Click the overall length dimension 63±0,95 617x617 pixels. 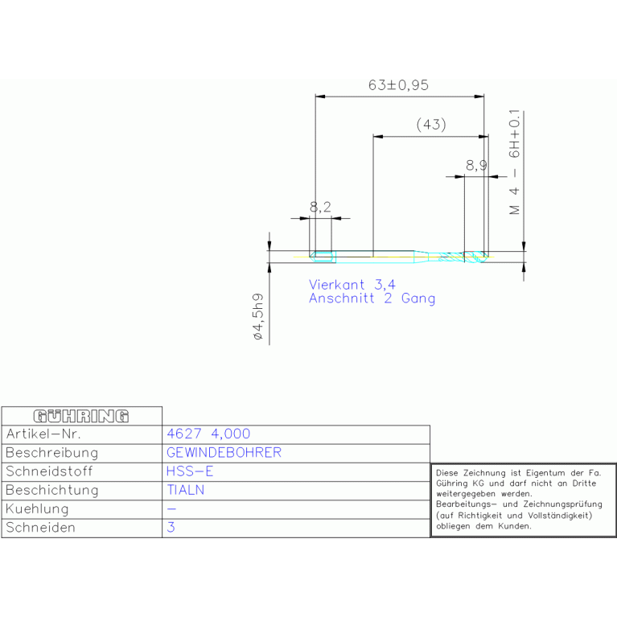point(398,85)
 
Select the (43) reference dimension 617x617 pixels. point(431,125)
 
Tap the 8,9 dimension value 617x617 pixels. point(476,166)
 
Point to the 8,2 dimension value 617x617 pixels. point(320,207)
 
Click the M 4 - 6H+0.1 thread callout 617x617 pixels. point(514,162)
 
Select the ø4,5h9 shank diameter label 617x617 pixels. point(258,316)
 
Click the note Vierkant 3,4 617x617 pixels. point(352,284)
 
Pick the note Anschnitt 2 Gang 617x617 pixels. point(372,298)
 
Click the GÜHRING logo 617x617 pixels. point(81,416)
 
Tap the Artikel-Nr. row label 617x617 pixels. point(43,434)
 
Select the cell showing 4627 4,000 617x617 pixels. point(208,434)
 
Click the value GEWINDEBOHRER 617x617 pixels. point(224,453)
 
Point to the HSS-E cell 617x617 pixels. point(190,471)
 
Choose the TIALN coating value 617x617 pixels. point(185,490)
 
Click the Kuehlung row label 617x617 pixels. point(37,508)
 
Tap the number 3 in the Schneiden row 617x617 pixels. point(171,527)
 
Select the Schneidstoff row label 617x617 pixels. point(49,471)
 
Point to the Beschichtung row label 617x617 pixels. point(52,490)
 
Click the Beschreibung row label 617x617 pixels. point(52,453)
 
